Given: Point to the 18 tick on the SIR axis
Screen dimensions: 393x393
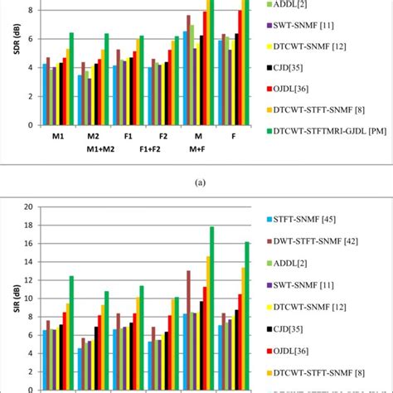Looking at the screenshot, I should pos(28,225).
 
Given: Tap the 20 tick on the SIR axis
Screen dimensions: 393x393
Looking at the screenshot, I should pos(28,206).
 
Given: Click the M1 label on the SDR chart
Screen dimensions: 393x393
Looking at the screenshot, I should pos(58,137).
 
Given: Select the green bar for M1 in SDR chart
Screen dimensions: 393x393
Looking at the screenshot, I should pos(71,79).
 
